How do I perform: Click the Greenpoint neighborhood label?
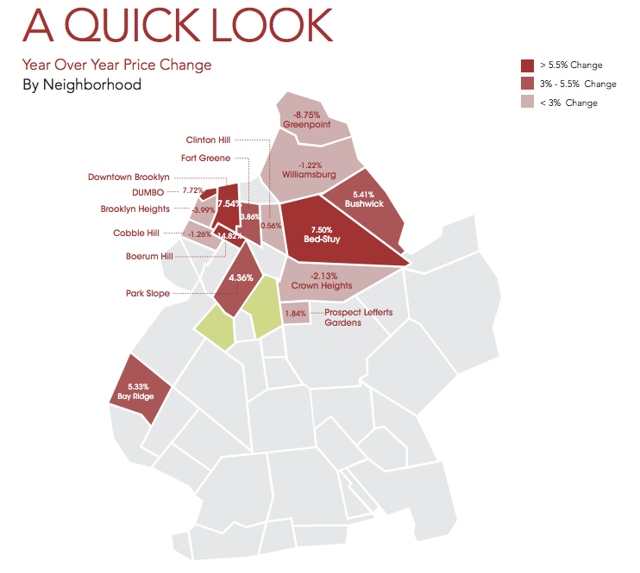click(306, 125)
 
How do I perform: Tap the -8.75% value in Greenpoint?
click(306, 115)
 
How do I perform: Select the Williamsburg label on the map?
click(309, 175)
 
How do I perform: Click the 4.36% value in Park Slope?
click(240, 277)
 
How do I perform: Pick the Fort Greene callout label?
click(205, 158)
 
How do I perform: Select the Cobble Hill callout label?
click(135, 234)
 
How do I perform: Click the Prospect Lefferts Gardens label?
click(358, 318)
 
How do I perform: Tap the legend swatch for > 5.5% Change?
click(527, 65)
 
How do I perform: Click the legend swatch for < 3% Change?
click(527, 102)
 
